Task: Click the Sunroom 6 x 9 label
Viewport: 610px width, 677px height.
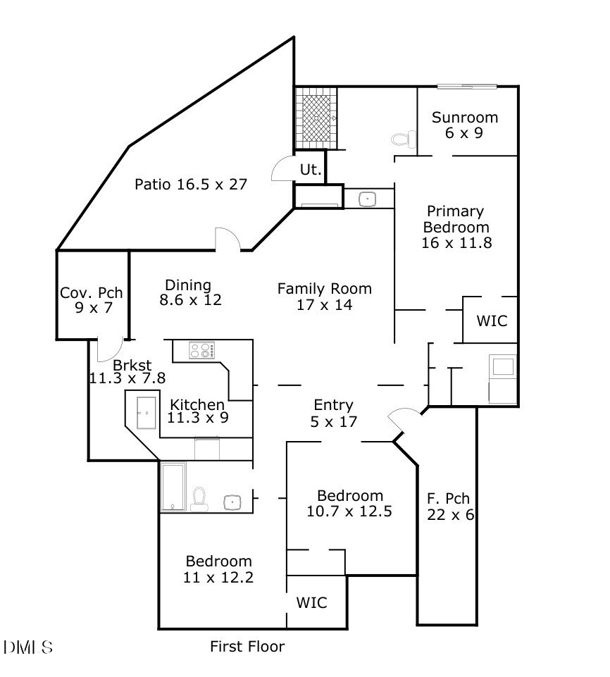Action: pos(465,125)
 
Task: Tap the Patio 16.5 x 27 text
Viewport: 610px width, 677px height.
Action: pos(190,185)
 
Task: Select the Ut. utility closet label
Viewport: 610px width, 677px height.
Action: pos(311,170)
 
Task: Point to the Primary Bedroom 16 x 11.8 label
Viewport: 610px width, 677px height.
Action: pos(456,227)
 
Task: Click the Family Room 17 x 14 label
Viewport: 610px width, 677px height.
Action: pos(324,297)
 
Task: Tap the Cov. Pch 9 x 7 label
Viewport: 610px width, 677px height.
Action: pos(92,300)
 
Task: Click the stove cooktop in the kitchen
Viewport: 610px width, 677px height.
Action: pos(202,350)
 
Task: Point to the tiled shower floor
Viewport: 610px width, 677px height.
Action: pos(316,117)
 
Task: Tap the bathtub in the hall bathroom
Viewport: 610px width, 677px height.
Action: pos(173,486)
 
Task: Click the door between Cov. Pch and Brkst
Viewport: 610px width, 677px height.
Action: pos(108,349)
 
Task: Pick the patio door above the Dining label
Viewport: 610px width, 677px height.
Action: pos(228,240)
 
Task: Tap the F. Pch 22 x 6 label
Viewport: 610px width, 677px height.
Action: pos(450,507)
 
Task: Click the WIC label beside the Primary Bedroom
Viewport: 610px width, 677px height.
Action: pos(492,321)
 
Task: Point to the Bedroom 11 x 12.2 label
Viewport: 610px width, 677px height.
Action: pos(218,569)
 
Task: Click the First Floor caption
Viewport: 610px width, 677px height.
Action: pos(247,646)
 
